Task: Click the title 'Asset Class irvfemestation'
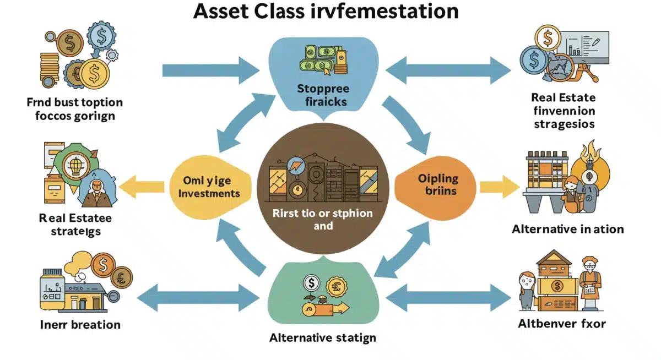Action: [326, 12]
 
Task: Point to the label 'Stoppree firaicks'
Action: [322, 95]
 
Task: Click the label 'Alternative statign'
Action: [323, 337]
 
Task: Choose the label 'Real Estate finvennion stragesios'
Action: [563, 111]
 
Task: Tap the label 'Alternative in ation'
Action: [567, 228]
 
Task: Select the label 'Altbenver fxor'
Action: [562, 323]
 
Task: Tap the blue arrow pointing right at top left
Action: [211, 70]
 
